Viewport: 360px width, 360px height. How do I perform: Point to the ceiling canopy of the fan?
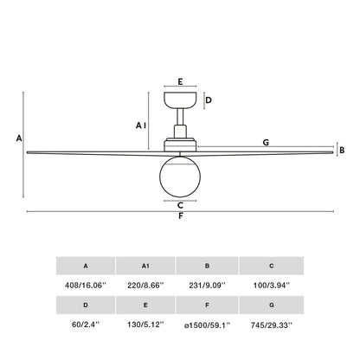pyautogui.click(x=180, y=99)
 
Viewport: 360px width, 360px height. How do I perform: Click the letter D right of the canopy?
pyautogui.click(x=209, y=100)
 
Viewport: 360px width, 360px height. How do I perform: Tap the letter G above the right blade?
pyautogui.click(x=266, y=142)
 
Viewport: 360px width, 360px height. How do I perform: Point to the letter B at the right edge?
pyautogui.click(x=343, y=150)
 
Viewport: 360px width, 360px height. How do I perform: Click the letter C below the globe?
pyautogui.click(x=179, y=205)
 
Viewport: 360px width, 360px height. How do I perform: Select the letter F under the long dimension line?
pyautogui.click(x=180, y=216)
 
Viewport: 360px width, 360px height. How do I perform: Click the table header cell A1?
pyautogui.click(x=145, y=266)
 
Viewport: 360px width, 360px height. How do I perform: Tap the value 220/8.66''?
pyautogui.click(x=145, y=284)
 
